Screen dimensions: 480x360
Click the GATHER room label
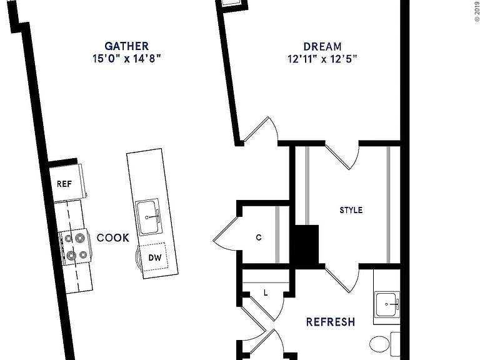126,46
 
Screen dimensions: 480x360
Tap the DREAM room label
322,46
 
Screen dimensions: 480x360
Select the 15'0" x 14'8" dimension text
126,58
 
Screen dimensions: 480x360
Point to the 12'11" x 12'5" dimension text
322,59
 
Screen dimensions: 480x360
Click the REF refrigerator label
64,184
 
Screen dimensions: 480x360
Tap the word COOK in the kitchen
113,238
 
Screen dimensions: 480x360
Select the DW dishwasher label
155,257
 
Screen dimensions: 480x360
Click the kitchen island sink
148,217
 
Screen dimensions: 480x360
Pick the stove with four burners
76,247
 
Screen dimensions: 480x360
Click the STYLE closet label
351,210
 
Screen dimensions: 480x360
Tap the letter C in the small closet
259,237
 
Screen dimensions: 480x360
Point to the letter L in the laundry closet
266,293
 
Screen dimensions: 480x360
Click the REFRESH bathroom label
331,322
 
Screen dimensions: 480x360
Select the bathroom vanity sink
387,304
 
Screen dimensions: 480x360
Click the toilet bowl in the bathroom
379,344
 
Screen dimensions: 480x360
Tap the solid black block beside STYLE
306,245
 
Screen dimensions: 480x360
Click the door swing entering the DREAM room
261,129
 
